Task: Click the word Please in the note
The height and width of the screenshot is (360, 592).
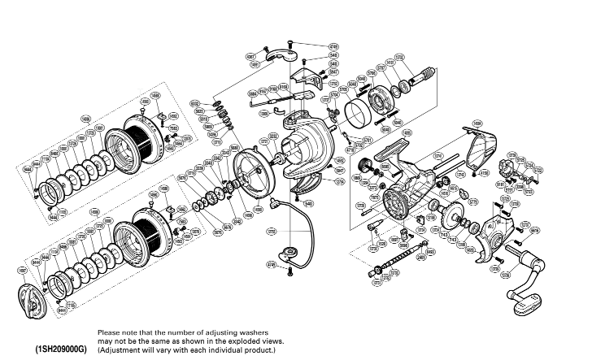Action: point(109,332)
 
